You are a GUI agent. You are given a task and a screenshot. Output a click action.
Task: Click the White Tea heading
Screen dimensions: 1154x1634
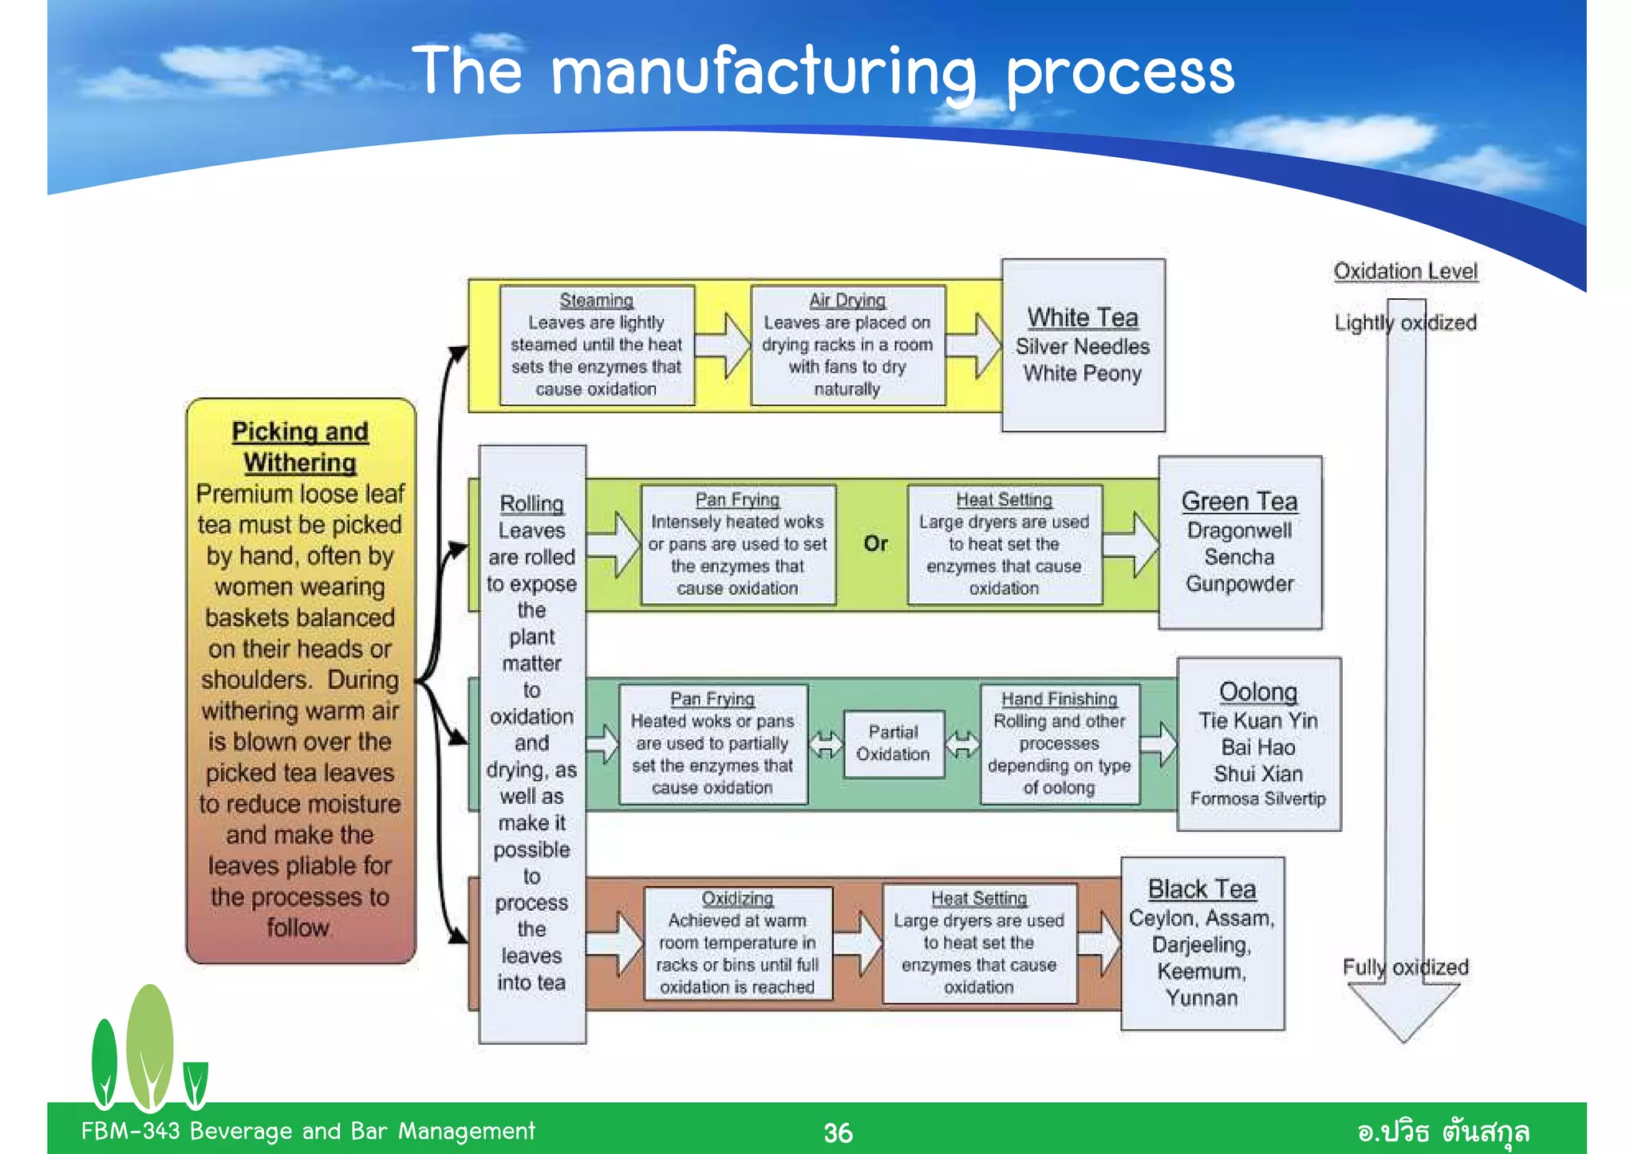pos(1082,317)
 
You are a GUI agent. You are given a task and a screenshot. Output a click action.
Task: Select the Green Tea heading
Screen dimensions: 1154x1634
pos(1239,501)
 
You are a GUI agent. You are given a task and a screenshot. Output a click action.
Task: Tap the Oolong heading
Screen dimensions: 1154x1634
pos(1258,691)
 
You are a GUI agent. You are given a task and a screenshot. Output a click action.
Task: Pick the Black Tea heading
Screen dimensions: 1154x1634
pos(1202,888)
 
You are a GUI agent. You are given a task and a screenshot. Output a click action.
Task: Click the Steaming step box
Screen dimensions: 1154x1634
pos(597,345)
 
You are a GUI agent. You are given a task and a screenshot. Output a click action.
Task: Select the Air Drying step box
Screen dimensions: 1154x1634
pos(847,345)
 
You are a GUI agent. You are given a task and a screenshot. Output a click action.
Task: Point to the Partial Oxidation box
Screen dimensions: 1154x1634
pos(893,743)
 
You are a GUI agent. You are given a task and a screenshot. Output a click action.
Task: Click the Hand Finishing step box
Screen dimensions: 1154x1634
pos(1059,743)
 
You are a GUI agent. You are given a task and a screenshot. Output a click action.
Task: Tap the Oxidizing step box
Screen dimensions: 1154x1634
pos(737,943)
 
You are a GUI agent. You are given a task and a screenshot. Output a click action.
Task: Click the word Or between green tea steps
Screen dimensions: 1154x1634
pos(875,544)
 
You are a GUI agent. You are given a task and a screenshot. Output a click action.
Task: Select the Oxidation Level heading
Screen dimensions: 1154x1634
pos(1405,271)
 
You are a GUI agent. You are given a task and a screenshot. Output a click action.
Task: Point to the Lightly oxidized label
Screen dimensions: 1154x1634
pos(1405,322)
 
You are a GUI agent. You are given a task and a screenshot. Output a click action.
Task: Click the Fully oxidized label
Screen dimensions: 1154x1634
pos(1405,967)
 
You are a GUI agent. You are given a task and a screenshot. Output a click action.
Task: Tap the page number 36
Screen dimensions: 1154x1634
pos(838,1132)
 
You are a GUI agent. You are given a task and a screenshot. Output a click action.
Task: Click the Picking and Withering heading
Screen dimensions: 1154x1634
pos(300,447)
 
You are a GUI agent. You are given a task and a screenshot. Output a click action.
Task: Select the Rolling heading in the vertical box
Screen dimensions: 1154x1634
pos(531,504)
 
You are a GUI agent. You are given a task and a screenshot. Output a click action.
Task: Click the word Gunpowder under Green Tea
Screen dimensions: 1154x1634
pos(1239,584)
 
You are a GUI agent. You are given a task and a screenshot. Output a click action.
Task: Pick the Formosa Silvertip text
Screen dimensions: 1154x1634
pos(1258,798)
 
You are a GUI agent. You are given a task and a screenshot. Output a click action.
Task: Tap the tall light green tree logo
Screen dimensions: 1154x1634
pos(149,1045)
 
